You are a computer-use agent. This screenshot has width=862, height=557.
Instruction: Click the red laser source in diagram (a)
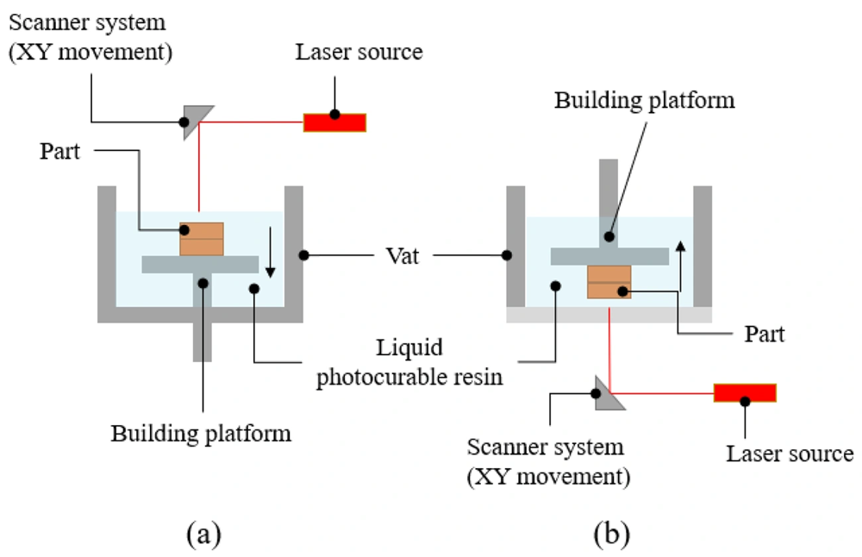(x=334, y=122)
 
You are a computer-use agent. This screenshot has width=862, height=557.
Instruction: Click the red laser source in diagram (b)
(x=745, y=392)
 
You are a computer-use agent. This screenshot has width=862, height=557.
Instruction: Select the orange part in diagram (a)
(x=202, y=239)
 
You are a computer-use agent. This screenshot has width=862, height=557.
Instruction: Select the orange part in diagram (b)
(x=609, y=282)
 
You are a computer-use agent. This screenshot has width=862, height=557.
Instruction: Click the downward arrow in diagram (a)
(x=270, y=252)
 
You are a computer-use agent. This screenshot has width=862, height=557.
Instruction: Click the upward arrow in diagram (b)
(x=681, y=266)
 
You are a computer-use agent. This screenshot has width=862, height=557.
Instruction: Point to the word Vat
(x=403, y=256)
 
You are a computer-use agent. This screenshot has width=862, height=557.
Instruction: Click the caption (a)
(x=204, y=534)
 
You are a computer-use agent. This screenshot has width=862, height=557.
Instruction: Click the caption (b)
(x=612, y=534)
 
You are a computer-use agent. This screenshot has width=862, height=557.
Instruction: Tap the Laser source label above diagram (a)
(x=359, y=52)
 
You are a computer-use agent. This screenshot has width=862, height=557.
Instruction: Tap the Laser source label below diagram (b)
(x=790, y=454)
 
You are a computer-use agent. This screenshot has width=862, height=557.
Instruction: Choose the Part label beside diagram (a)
(x=60, y=151)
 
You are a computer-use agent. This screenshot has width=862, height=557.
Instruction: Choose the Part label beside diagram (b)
(x=765, y=334)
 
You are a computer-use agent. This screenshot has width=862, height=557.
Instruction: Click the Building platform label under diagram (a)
(x=201, y=434)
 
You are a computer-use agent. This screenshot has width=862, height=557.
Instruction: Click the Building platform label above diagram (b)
(x=644, y=101)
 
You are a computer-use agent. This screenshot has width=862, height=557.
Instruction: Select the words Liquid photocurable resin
(x=409, y=362)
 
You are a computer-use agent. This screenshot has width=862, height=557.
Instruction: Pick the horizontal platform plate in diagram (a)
(x=200, y=265)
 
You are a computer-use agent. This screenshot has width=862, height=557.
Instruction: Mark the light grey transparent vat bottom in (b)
(x=609, y=315)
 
